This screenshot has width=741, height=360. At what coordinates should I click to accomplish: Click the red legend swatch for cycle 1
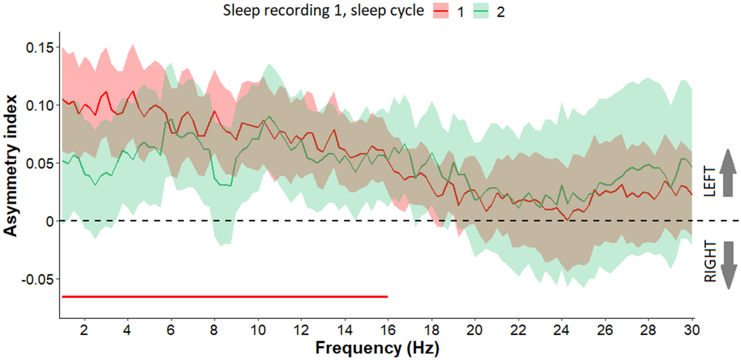coord(441,11)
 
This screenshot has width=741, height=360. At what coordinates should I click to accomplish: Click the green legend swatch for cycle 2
coord(481,11)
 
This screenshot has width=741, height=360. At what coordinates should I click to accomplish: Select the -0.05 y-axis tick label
coord(38,280)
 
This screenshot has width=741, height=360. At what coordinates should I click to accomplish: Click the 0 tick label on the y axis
coord(50,222)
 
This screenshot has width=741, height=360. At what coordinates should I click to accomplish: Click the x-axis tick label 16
coord(388,330)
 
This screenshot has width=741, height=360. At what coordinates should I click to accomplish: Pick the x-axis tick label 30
coord(691,330)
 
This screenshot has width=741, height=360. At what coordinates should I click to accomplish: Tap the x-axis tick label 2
coord(84,330)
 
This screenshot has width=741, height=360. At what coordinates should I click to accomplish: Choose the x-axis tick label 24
coord(561,330)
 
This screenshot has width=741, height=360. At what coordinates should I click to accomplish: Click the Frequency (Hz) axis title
coord(377,348)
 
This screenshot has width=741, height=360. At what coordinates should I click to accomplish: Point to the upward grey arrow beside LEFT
coord(728,173)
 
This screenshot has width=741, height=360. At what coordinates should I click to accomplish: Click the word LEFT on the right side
coord(710,181)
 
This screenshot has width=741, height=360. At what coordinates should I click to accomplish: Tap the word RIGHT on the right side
coord(710,262)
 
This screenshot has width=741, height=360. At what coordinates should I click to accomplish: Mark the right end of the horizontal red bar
coord(387,297)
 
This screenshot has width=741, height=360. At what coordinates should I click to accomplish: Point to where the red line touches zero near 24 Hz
coord(567,220)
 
